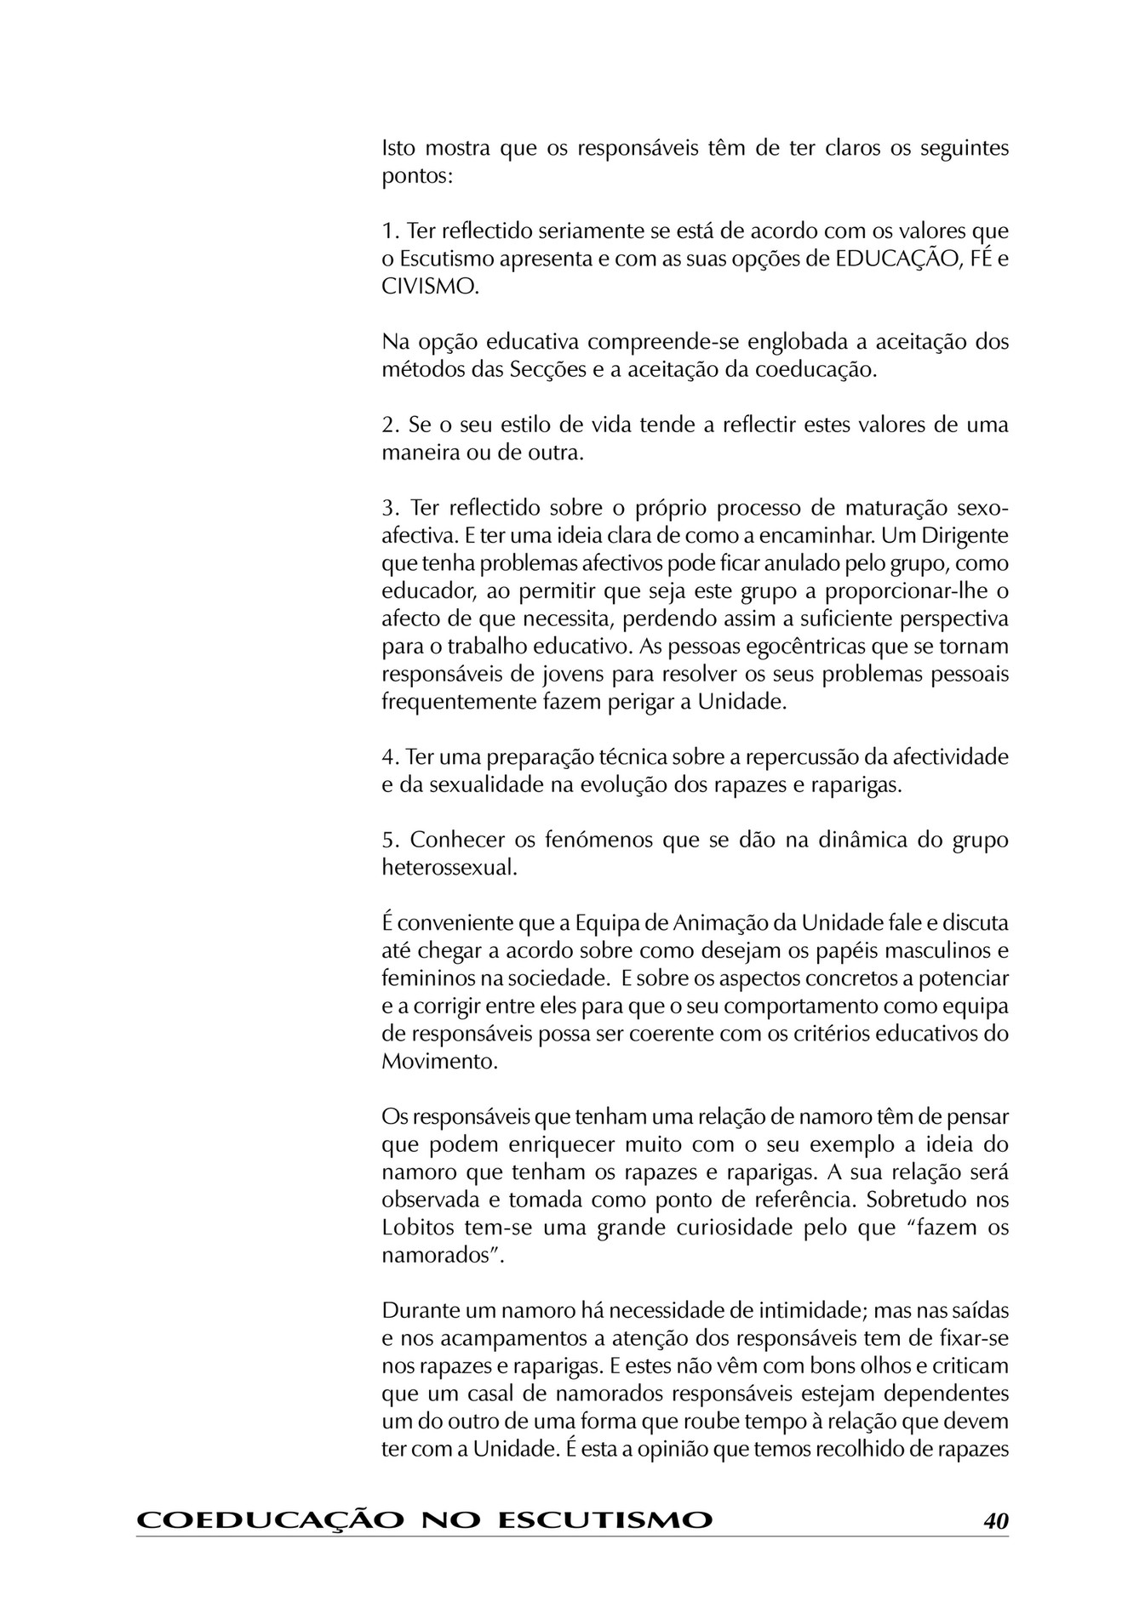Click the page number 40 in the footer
(x=995, y=1520)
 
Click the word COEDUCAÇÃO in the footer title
(x=269, y=1520)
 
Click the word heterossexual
(x=449, y=868)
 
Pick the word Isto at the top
(x=398, y=149)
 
